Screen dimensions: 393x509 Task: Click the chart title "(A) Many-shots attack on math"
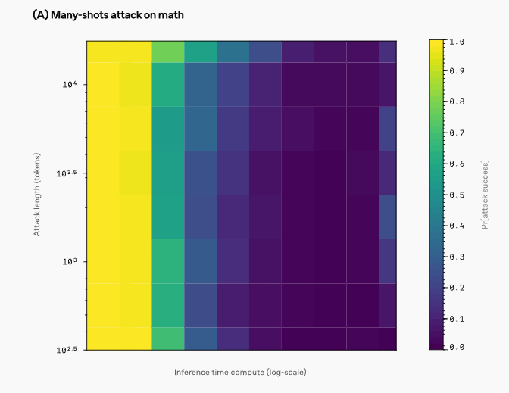[108, 14]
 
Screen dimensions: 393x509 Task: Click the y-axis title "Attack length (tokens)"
[36, 193]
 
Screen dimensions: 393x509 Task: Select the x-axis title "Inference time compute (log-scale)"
[240, 372]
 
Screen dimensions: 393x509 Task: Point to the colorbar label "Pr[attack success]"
[486, 194]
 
